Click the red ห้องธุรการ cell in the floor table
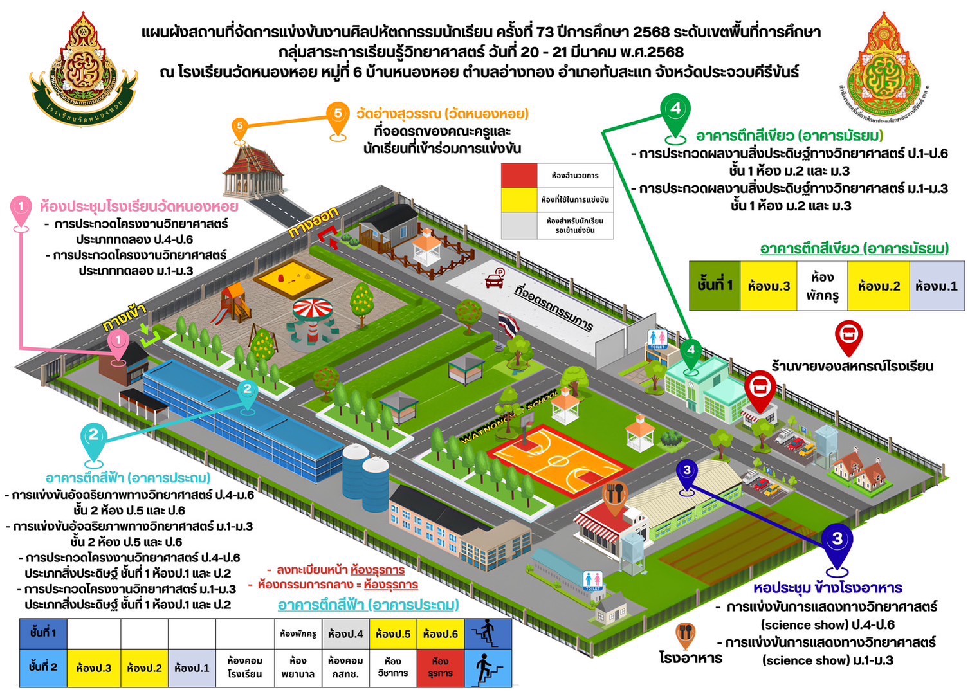click(x=440, y=668)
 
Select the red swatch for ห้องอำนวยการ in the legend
click(x=519, y=175)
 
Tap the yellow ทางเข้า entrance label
click(x=124, y=317)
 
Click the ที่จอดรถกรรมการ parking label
click(x=554, y=307)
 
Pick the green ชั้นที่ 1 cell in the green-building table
click(x=715, y=286)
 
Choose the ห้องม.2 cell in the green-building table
click(x=878, y=286)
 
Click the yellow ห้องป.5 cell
click(x=393, y=633)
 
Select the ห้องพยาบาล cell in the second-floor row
click(x=298, y=668)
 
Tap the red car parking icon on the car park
click(x=495, y=277)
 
